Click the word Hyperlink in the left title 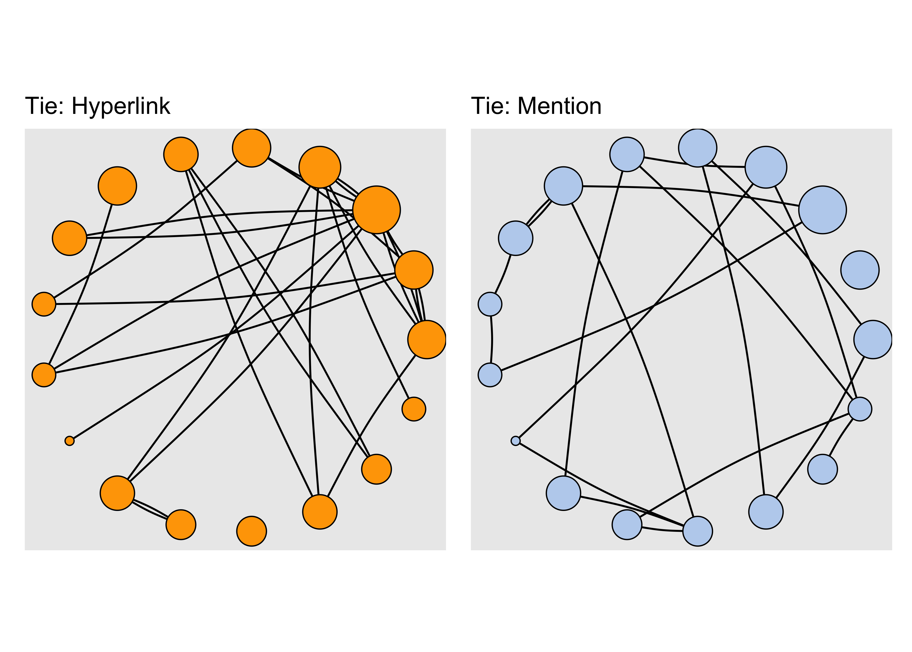121,106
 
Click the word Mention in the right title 560,106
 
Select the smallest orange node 69,441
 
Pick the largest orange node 376,210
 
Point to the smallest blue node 515,441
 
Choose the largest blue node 822,210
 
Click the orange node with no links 251,531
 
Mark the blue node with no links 860,270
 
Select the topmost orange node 251,148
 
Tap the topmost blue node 697,148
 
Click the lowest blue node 697,531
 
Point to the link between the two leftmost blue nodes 492,339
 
